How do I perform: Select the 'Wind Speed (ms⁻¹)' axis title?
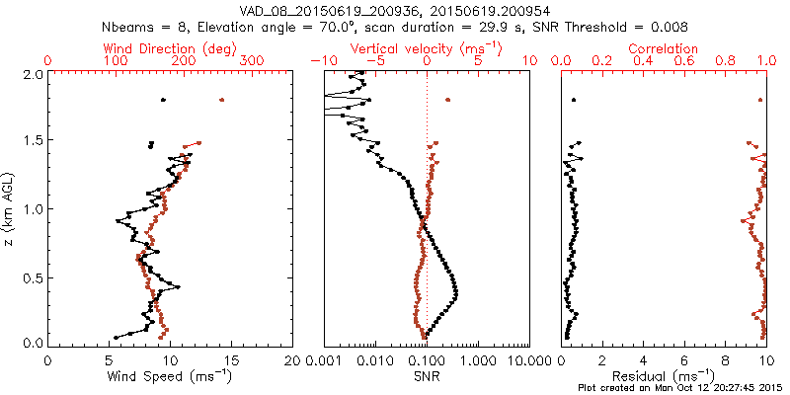tap(171, 376)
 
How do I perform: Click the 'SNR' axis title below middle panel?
tap(427, 376)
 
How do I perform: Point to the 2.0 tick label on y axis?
tap(32, 74)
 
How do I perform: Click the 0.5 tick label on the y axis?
tap(32, 276)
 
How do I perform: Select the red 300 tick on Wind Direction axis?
tap(253, 61)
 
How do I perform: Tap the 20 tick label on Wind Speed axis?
tap(293, 359)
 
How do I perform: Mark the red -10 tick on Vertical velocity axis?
tap(321, 61)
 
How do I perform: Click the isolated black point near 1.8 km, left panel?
tap(163, 100)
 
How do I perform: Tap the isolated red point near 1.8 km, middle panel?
tap(448, 100)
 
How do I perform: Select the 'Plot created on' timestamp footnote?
tap(681, 387)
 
